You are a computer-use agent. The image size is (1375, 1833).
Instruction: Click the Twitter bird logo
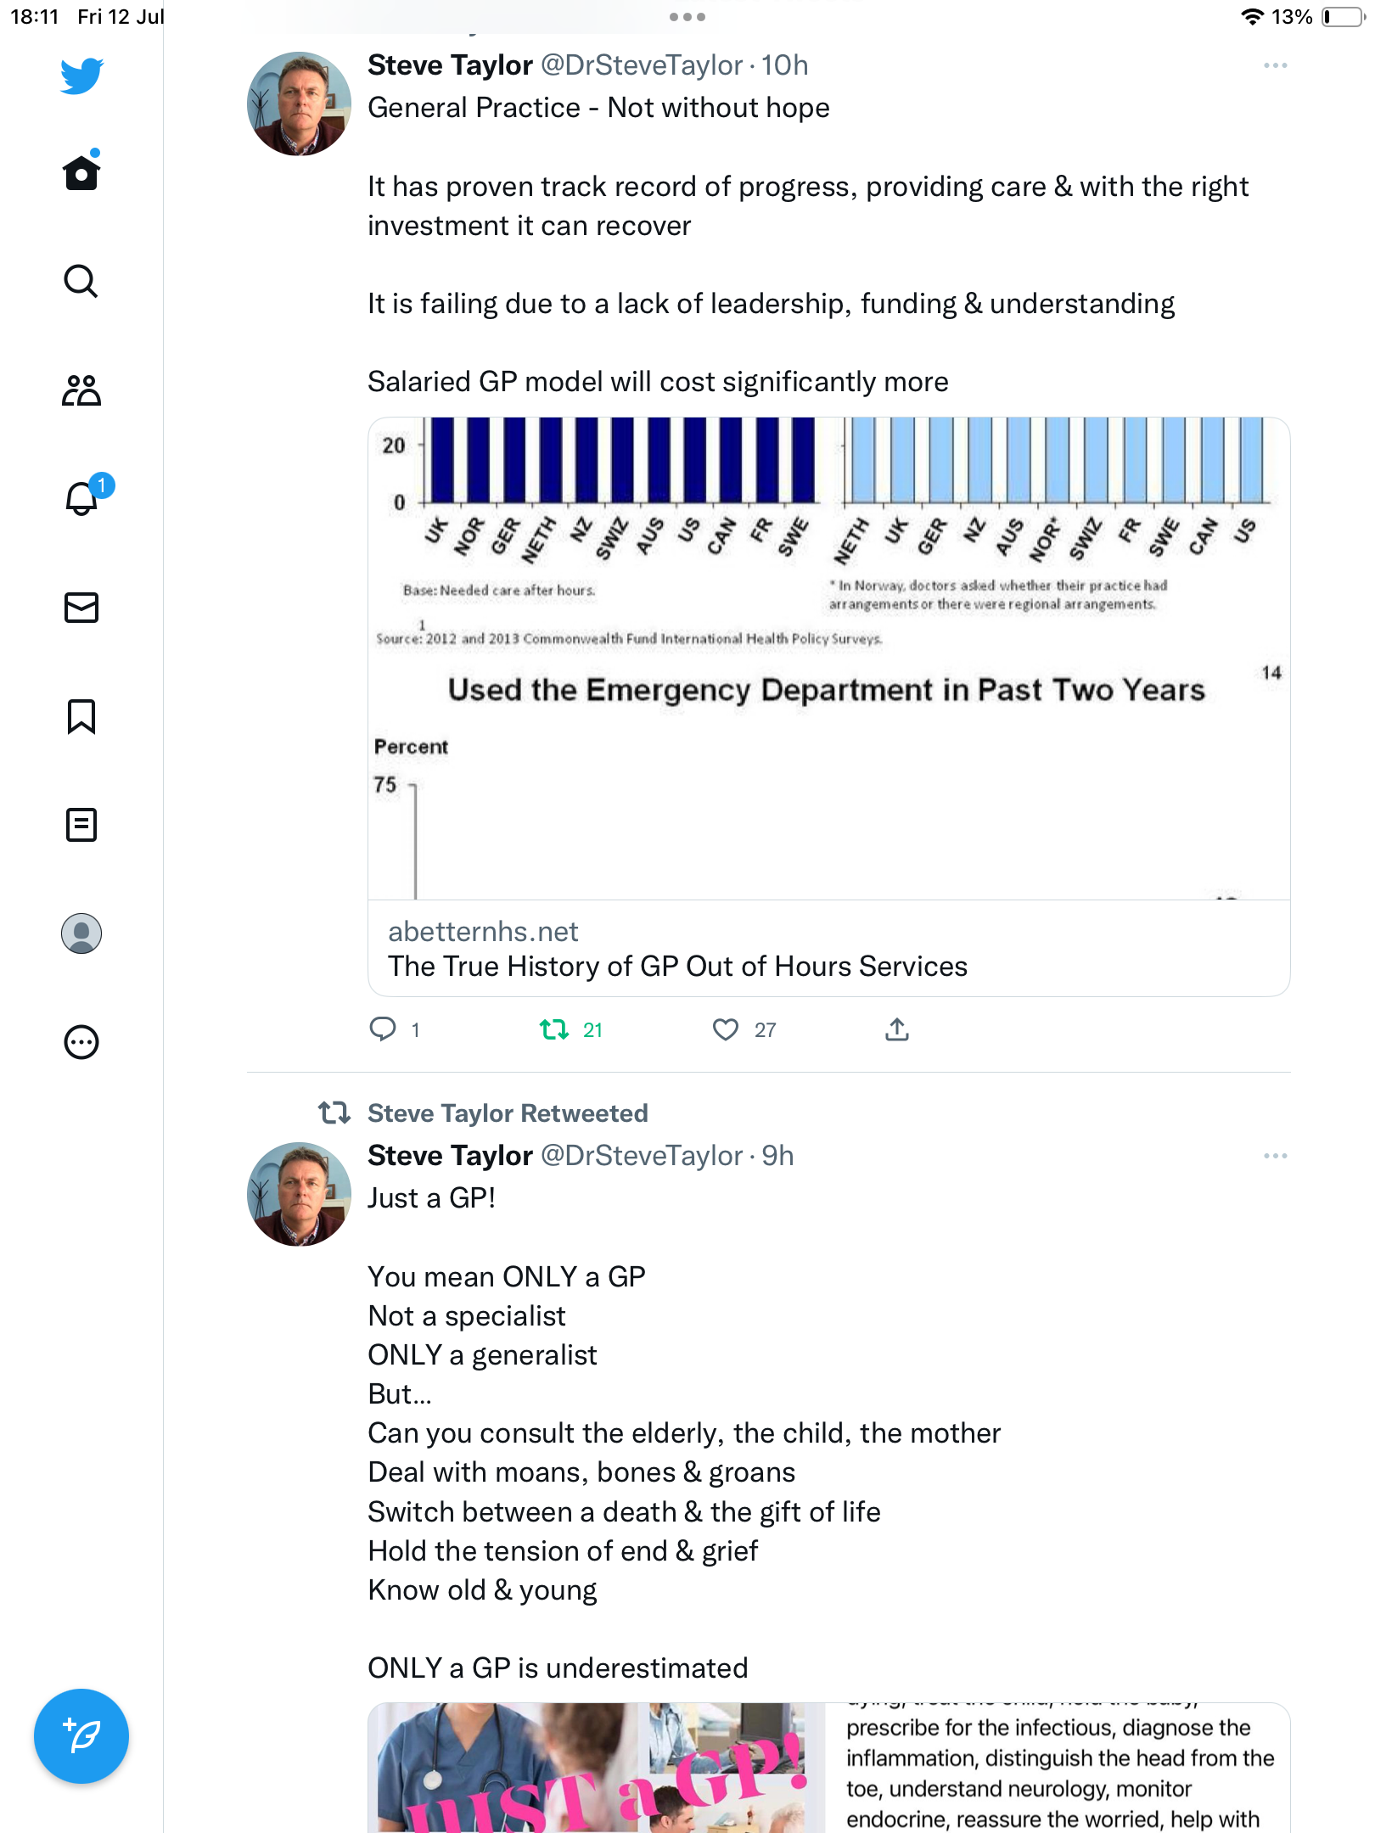tap(81, 76)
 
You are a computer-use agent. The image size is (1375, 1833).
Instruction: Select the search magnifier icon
tap(81, 281)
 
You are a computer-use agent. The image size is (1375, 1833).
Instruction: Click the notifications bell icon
tap(81, 498)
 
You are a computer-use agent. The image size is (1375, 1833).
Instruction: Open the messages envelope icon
tap(81, 608)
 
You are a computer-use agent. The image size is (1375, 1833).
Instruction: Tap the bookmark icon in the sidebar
tap(81, 716)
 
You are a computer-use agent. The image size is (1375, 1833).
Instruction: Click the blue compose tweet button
tap(81, 1736)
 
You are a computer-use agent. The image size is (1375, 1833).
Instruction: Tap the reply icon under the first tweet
tap(383, 1029)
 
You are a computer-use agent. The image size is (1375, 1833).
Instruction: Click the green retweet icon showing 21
tap(554, 1029)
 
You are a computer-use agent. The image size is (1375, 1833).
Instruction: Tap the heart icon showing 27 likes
tap(726, 1029)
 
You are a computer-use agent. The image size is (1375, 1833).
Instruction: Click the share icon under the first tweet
tap(897, 1029)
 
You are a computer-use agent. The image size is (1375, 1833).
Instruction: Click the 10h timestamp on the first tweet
tap(784, 65)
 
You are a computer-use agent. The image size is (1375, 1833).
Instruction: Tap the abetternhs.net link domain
tap(483, 932)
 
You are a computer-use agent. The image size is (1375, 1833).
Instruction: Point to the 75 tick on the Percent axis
tap(385, 785)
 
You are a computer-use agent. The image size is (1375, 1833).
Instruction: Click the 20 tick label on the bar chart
tap(394, 446)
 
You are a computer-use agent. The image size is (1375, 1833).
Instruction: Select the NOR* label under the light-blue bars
tap(1045, 539)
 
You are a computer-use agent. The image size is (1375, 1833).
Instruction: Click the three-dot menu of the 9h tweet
tap(1275, 1156)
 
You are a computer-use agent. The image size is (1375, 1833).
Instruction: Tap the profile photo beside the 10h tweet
tap(299, 104)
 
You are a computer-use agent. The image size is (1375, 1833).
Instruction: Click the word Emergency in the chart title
tap(668, 690)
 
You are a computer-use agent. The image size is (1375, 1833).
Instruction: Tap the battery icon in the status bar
tap(1341, 17)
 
